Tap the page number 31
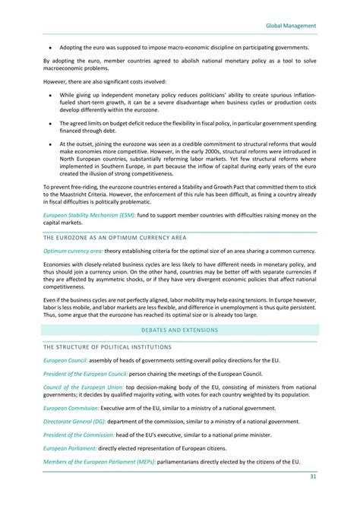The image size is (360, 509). tap(312, 476)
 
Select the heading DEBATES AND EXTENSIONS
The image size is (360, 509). tap(179, 330)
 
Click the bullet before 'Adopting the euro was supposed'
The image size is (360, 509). tap(49, 47)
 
